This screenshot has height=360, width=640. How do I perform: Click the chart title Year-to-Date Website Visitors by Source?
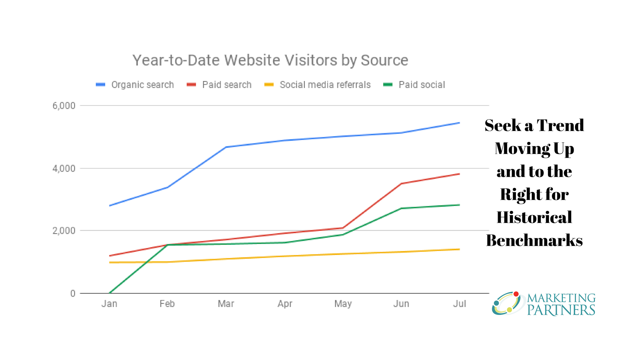point(270,60)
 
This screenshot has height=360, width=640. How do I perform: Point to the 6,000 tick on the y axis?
point(64,106)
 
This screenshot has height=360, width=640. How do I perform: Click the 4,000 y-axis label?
point(64,168)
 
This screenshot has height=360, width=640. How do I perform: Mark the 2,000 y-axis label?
point(64,231)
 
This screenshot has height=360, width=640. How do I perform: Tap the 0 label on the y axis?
point(73,293)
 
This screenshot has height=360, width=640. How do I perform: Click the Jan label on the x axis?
point(109,304)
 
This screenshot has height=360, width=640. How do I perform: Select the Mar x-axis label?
point(226,304)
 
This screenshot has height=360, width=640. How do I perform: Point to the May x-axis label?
point(343,304)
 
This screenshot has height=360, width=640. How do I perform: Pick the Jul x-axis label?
point(459,304)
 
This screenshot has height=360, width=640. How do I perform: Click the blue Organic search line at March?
point(226,147)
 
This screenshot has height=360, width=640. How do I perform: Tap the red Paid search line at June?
point(401,183)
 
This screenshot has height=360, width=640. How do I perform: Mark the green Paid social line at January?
point(110,293)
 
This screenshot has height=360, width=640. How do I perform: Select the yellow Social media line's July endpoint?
point(459,249)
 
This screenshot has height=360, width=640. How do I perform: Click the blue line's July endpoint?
point(459,123)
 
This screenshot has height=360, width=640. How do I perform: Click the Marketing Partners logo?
point(545,304)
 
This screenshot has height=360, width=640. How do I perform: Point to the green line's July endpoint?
point(459,205)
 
